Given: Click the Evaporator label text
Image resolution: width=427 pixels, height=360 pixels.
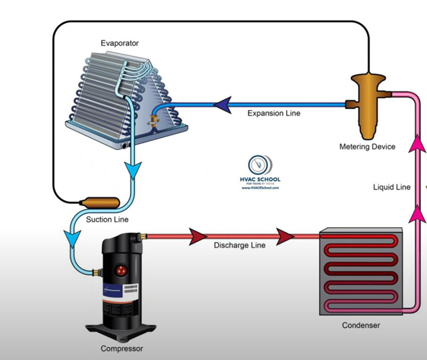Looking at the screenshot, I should click(x=120, y=43).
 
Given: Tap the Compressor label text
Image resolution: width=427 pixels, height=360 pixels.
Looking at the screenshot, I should click(x=122, y=349).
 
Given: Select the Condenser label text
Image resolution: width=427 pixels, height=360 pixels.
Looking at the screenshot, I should click(x=361, y=325).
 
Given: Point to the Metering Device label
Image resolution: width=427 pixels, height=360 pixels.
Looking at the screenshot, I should click(x=367, y=147).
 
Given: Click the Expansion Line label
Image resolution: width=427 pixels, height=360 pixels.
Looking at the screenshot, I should click(x=274, y=114).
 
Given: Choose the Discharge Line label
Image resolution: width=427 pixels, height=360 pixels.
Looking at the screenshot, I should click(x=239, y=245).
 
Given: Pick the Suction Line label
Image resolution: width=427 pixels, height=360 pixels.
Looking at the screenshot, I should click(x=107, y=220).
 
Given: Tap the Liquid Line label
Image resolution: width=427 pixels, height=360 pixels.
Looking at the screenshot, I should click(x=392, y=187).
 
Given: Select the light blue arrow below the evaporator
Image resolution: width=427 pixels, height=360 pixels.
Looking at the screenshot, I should click(x=134, y=170).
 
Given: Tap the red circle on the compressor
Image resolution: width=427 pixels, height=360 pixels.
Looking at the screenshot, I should click(x=122, y=270).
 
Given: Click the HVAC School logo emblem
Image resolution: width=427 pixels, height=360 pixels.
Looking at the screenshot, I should click(x=261, y=164).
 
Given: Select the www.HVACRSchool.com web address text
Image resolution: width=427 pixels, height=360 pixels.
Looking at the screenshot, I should click(x=261, y=188).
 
